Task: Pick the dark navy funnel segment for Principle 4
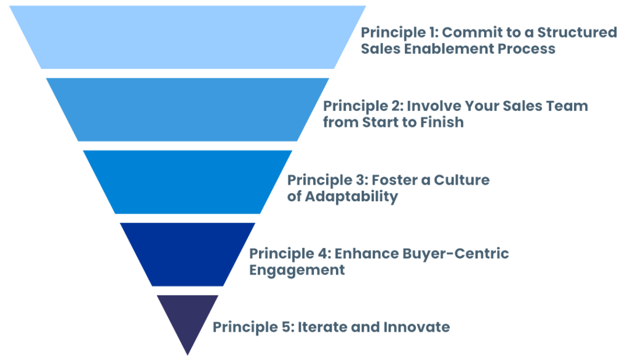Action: coord(187,254)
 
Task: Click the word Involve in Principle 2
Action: coord(431,106)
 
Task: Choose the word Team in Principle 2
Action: coord(568,106)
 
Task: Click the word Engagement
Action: coord(296,270)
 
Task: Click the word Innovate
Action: coord(418,327)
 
